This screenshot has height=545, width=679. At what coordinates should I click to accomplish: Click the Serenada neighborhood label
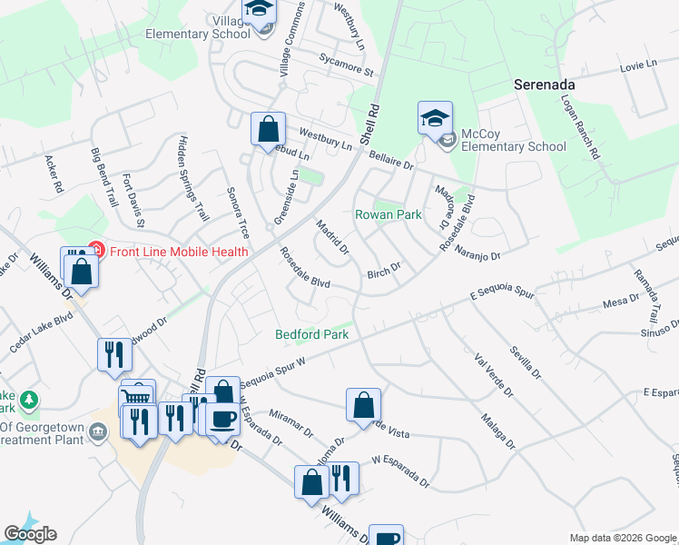(x=545, y=82)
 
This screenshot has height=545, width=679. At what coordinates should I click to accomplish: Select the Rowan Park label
(x=388, y=215)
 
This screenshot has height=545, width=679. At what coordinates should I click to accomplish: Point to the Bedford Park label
(x=312, y=334)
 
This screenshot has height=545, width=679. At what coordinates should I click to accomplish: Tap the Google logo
(x=30, y=534)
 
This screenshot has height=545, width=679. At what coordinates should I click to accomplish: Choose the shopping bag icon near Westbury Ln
(x=268, y=130)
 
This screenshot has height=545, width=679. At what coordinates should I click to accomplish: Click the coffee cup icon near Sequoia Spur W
(x=222, y=419)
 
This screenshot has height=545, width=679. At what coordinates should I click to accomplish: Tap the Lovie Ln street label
(x=637, y=64)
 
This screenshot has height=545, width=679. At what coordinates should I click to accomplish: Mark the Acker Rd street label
(x=54, y=173)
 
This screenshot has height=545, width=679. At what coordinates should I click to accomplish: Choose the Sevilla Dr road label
(x=525, y=362)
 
